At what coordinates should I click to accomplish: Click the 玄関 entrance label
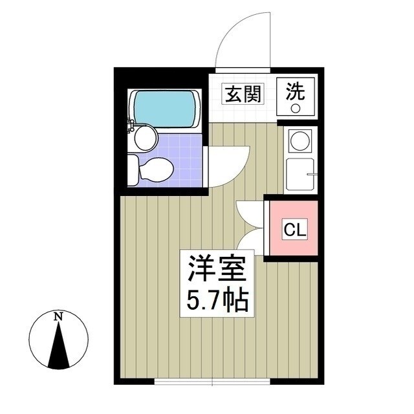(243, 94)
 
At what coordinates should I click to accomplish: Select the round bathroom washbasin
(146, 136)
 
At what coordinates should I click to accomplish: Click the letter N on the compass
(58, 317)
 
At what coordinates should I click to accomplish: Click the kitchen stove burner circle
(299, 140)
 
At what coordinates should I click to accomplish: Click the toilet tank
(132, 169)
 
